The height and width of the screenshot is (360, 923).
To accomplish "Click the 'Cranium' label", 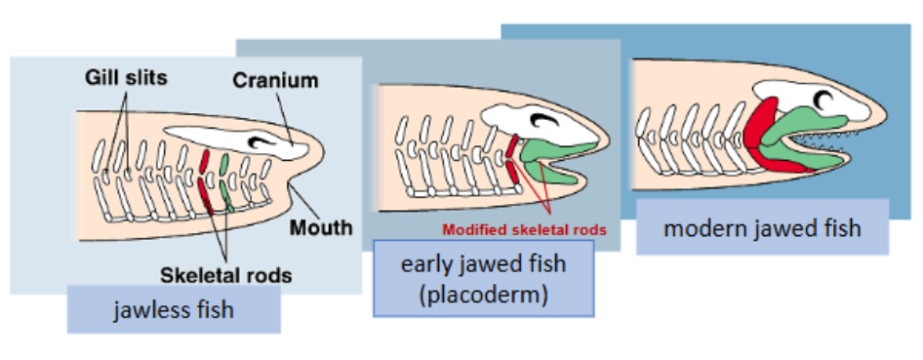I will click(274, 80).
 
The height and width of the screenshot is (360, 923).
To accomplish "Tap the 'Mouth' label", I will click(321, 228).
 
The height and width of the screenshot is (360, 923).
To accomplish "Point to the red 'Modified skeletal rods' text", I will click(524, 230).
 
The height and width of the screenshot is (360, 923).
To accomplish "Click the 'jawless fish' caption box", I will click(174, 310).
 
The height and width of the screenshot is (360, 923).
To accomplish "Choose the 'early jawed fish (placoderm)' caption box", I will click(483, 278).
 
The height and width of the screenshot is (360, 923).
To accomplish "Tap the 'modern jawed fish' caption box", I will click(762, 228).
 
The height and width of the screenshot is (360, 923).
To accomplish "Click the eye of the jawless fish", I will click(262, 142).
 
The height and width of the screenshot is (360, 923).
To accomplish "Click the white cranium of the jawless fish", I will click(293, 149).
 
